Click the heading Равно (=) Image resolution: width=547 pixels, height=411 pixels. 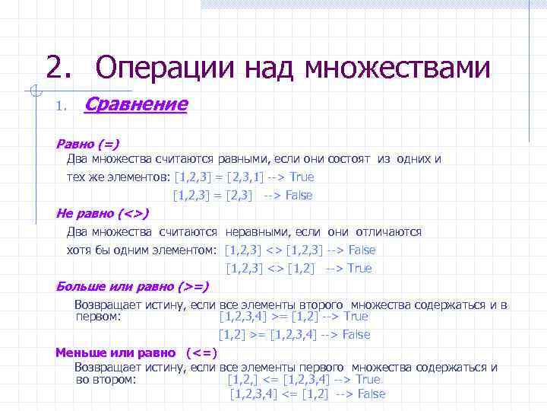pos(87,143)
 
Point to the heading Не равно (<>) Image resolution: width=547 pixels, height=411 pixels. pos(103,213)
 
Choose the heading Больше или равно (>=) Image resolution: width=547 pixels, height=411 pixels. pos(132,286)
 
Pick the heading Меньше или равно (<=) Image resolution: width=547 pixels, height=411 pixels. pos(137,352)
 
